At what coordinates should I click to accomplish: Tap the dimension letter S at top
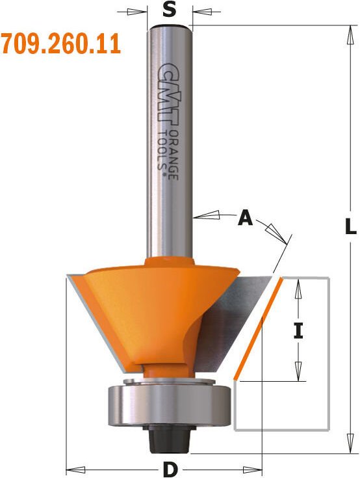[x=169, y=10]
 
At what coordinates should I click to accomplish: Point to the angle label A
[x=245, y=219]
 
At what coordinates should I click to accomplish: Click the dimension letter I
[x=298, y=331]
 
